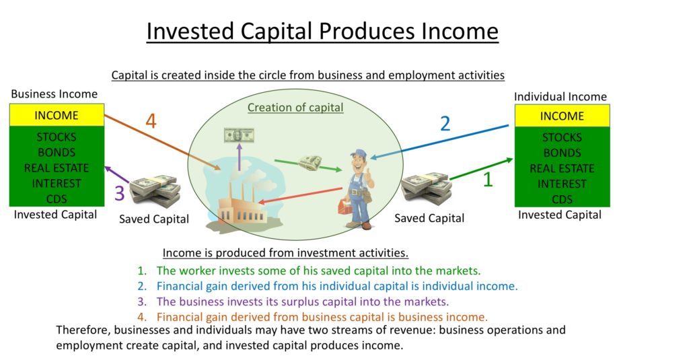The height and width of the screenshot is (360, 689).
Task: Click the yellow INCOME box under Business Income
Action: [x=57, y=116]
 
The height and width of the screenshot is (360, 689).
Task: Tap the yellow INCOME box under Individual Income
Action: [x=562, y=116]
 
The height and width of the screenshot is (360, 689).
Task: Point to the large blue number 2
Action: [x=445, y=123]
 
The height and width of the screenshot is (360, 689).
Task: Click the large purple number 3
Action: [x=120, y=194]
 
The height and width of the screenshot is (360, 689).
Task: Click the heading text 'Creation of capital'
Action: [x=295, y=108]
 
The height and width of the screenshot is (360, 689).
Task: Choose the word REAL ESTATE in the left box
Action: [x=57, y=168]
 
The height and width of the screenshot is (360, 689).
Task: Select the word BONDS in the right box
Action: [x=562, y=153]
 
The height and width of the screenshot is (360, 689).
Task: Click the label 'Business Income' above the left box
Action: [x=55, y=94]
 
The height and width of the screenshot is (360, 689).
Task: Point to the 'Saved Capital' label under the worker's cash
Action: [x=429, y=218]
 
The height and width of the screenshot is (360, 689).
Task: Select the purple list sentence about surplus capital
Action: [x=302, y=301]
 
